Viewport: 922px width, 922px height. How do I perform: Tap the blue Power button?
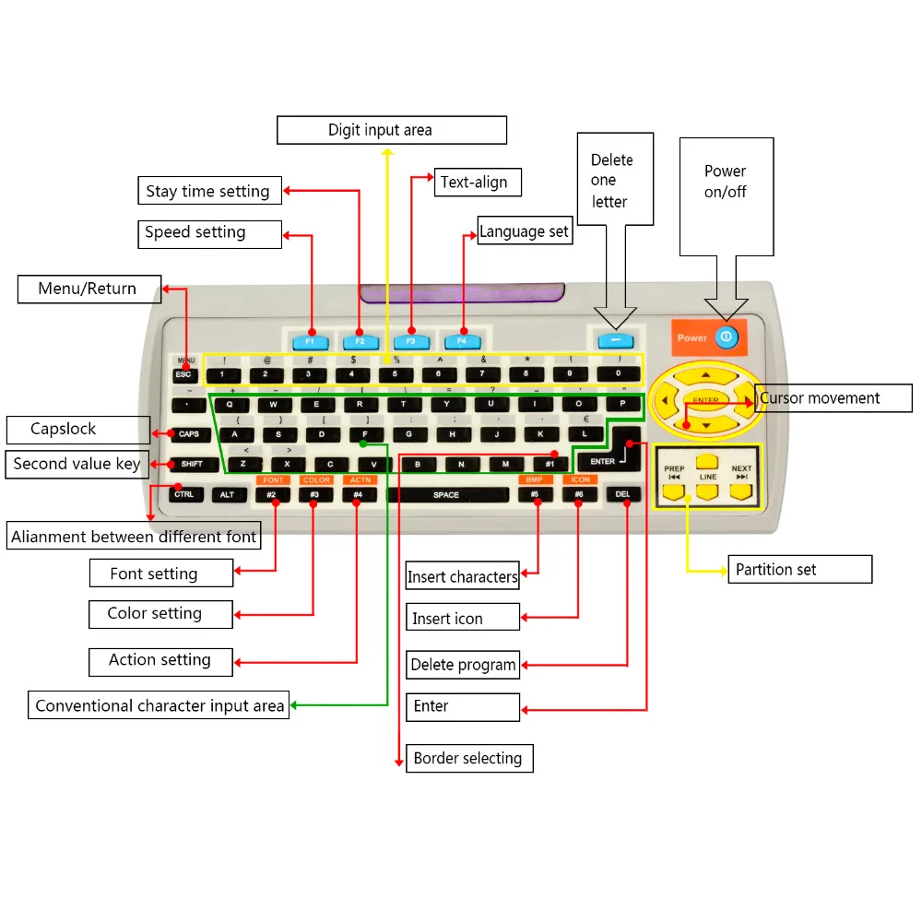(x=727, y=337)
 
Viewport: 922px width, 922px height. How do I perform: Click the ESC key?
(x=183, y=374)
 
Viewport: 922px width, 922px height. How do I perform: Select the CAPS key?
(x=189, y=434)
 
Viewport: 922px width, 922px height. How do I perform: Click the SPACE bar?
(x=446, y=495)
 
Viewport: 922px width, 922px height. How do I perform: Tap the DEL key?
(x=623, y=495)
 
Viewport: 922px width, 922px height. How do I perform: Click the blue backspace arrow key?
(x=615, y=340)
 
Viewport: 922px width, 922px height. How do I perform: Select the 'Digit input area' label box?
(x=392, y=130)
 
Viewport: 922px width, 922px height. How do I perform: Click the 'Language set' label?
(x=524, y=231)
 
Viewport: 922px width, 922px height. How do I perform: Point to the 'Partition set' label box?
(x=799, y=570)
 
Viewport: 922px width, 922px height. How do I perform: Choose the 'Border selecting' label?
(x=468, y=759)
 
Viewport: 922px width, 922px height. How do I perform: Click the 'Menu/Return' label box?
(x=89, y=290)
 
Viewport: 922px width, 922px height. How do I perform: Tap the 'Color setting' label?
(x=160, y=614)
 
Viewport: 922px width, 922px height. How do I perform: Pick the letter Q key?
(x=230, y=404)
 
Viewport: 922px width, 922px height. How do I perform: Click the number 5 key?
(x=396, y=374)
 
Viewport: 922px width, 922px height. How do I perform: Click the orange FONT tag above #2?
(x=273, y=479)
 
